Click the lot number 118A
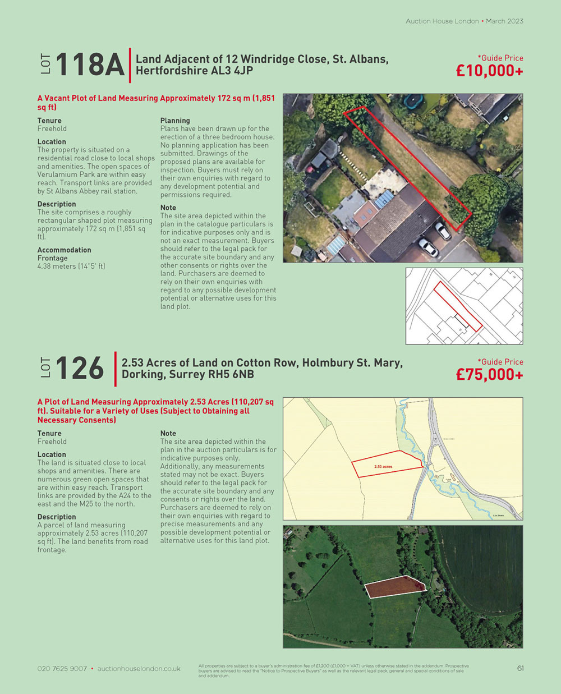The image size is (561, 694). (89, 64)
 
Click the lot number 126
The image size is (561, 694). (80, 369)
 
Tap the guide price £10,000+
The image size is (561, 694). (489, 71)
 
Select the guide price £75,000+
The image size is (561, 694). (489, 375)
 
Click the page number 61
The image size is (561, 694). (520, 668)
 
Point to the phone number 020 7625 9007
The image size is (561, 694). (62, 669)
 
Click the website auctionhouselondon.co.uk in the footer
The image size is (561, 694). (139, 669)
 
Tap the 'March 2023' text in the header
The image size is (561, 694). (504, 21)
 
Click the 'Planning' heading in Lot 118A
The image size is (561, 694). (175, 121)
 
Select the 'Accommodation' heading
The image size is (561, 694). (64, 250)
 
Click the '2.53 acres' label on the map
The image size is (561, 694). (383, 467)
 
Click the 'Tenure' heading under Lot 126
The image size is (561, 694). (49, 434)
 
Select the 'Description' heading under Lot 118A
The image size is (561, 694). (57, 204)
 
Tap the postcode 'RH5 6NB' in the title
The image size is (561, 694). (231, 375)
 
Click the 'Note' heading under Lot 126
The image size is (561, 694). (168, 434)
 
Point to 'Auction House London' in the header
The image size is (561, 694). (442, 21)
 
